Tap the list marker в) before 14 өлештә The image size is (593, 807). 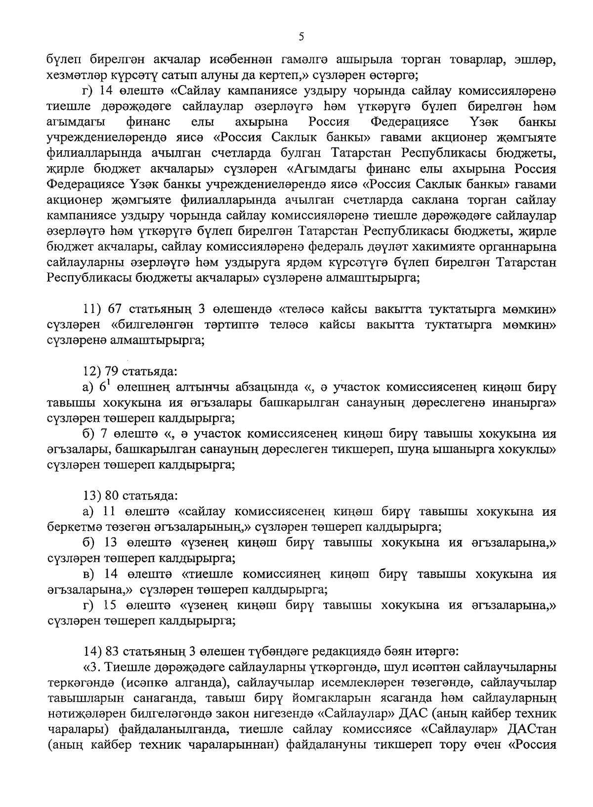(87, 574)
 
